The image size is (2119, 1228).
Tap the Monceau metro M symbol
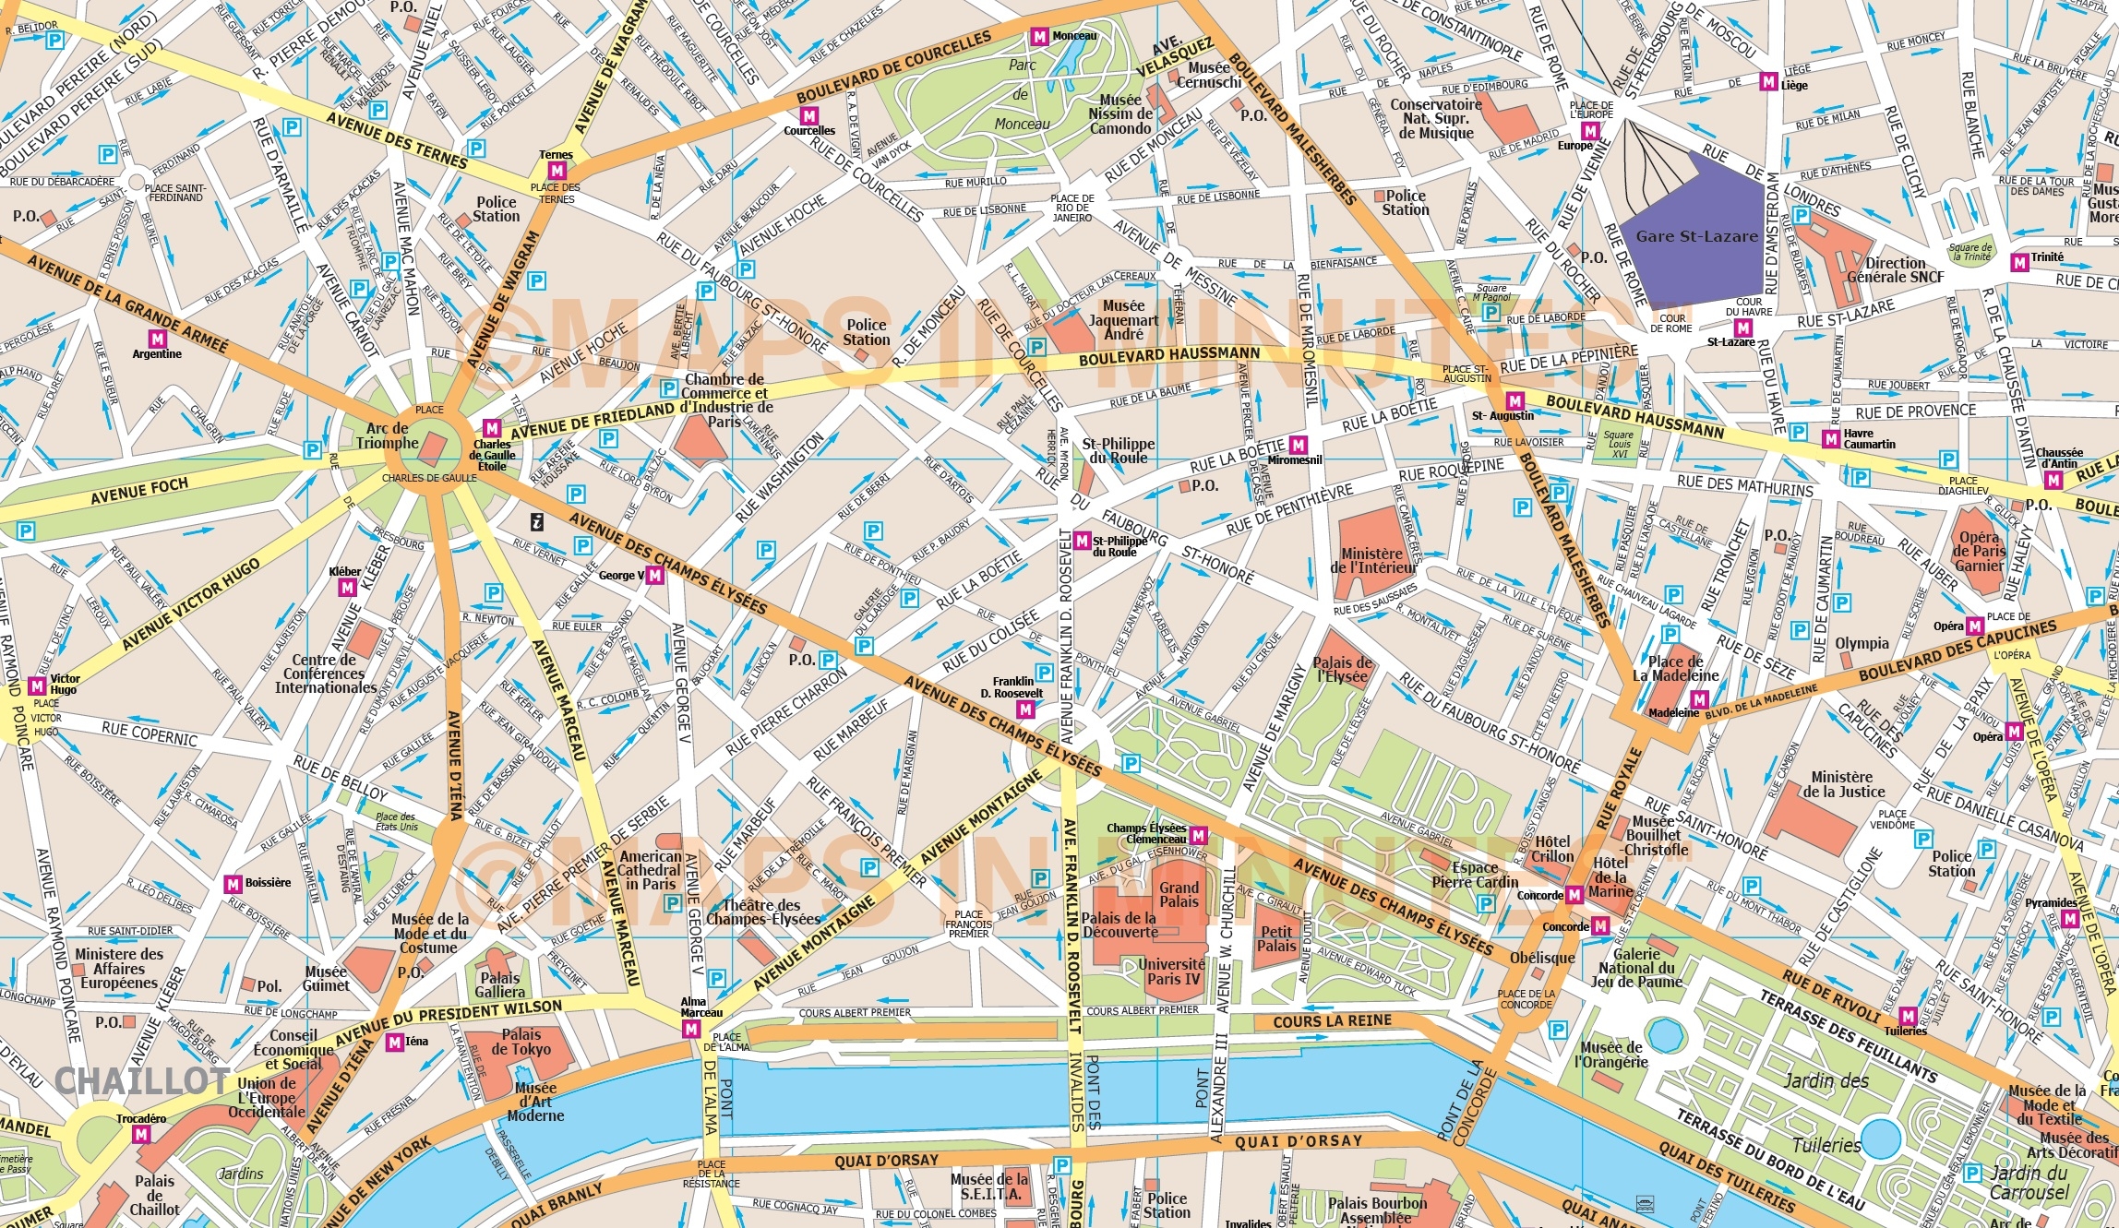1039,37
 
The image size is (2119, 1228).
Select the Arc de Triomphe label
388,435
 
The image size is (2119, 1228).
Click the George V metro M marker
654,576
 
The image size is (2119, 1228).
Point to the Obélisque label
1542,958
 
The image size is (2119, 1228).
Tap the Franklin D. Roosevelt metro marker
1024,709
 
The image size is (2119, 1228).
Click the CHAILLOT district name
142,1080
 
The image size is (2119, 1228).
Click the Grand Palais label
1179,894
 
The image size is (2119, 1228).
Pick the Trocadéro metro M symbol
141,1135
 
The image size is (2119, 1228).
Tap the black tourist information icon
536,522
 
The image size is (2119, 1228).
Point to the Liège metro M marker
1768,82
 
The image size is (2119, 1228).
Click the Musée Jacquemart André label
1123,319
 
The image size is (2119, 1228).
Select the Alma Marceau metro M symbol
690,1030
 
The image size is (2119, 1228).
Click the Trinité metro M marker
2019,263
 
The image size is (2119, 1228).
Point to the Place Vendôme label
1892,819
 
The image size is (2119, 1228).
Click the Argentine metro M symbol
157,340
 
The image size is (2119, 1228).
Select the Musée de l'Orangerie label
1610,1054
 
